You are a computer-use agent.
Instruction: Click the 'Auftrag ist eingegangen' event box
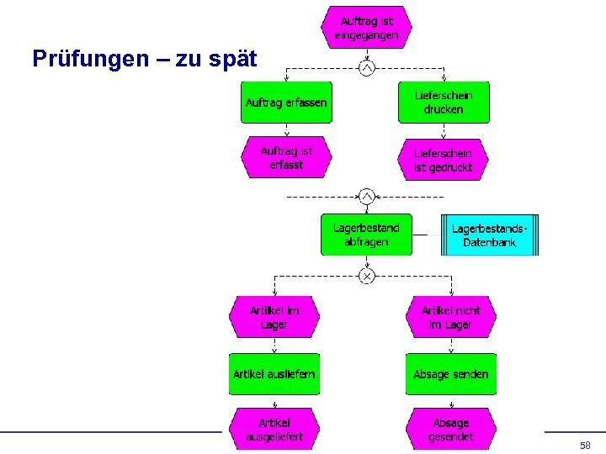pyautogui.click(x=366, y=28)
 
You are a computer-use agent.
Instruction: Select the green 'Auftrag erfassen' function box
pyautogui.click(x=286, y=103)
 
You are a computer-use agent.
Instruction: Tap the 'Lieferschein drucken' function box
pyautogui.click(x=444, y=103)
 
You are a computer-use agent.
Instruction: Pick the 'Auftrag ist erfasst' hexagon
pyautogui.click(x=286, y=158)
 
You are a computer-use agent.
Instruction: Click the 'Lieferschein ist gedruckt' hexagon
pyautogui.click(x=444, y=160)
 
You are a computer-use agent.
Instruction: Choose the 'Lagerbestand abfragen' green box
pyautogui.click(x=366, y=235)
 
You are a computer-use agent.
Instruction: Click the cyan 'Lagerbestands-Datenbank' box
pyautogui.click(x=490, y=235)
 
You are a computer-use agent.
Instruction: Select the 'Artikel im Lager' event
pyautogui.click(x=274, y=317)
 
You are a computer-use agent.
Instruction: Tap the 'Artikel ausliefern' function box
pyautogui.click(x=274, y=374)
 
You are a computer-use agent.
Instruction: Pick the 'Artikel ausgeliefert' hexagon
pyautogui.click(x=274, y=429)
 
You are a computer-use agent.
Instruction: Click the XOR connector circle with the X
pyautogui.click(x=366, y=276)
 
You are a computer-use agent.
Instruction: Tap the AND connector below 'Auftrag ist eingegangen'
pyautogui.click(x=366, y=67)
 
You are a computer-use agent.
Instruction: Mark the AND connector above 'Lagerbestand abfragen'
pyautogui.click(x=366, y=197)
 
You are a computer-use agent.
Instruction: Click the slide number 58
pyautogui.click(x=585, y=444)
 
